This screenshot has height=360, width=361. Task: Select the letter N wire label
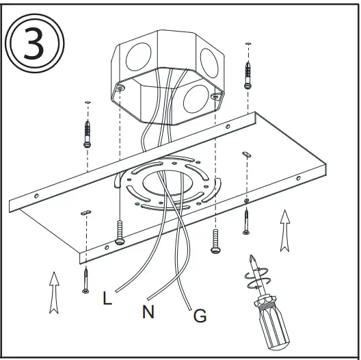click(148, 313)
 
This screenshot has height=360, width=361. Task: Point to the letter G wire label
click(200, 316)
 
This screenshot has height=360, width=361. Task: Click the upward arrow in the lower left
click(53, 292)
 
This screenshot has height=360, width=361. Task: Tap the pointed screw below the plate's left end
click(85, 279)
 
